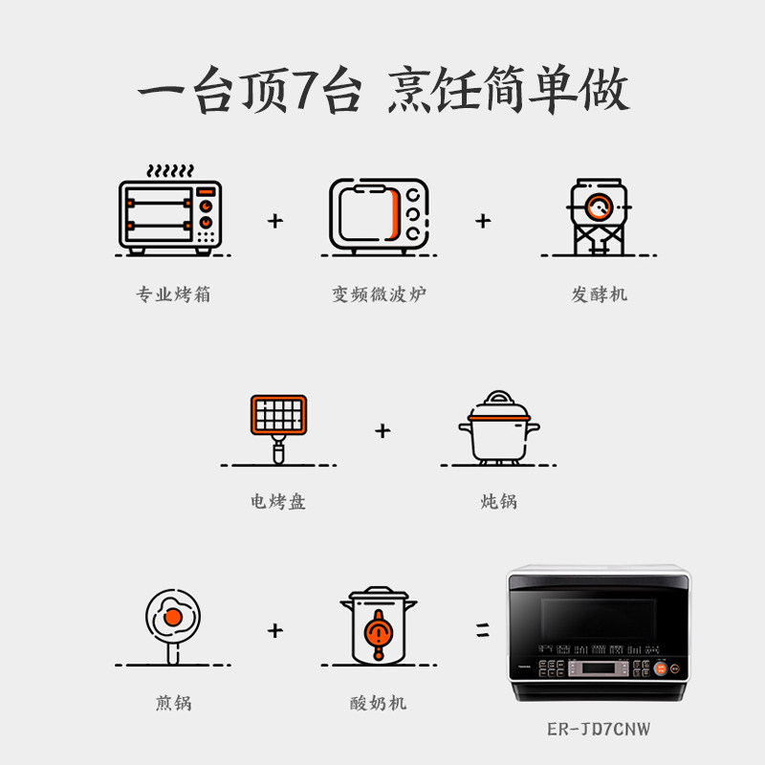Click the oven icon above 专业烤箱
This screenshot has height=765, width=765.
pyautogui.click(x=170, y=217)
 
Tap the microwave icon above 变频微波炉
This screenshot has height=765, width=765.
pyautogui.click(x=379, y=216)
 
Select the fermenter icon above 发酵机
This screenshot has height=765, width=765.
pyautogui.click(x=599, y=216)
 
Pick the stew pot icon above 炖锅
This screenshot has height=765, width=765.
pyautogui.click(x=498, y=427)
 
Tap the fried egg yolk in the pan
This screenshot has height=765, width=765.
pyautogui.click(x=173, y=617)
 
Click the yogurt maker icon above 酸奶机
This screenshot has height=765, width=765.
pyautogui.click(x=379, y=625)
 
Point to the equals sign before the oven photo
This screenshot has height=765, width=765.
pyautogui.click(x=483, y=630)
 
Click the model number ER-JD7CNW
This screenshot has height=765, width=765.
pyautogui.click(x=599, y=729)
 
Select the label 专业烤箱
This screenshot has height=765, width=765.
pyautogui.click(x=173, y=295)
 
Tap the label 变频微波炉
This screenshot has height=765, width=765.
pyautogui.click(x=379, y=295)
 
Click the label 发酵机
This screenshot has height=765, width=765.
pyautogui.click(x=600, y=295)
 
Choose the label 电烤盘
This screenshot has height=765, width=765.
pyautogui.click(x=278, y=501)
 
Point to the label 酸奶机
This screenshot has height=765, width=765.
pyautogui.click(x=378, y=703)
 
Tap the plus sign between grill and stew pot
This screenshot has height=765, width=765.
pyautogui.click(x=382, y=431)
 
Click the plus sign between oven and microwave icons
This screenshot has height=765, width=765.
pyautogui.click(x=275, y=221)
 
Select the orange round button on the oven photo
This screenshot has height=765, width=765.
pyautogui.click(x=660, y=668)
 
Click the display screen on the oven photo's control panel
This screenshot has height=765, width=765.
pyautogui.click(x=599, y=667)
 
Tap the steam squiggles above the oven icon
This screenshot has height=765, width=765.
pyautogui.click(x=170, y=170)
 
